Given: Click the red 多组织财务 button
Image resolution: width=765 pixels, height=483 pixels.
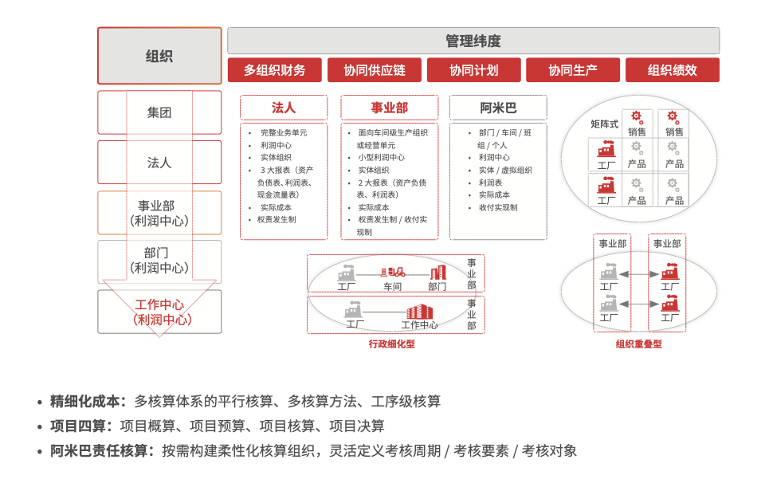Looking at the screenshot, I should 274,70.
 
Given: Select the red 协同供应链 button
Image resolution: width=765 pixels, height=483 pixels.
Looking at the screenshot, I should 374,70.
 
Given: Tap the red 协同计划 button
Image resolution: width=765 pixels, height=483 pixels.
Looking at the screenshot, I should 473,70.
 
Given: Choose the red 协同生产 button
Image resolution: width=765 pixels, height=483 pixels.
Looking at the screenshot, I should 572,70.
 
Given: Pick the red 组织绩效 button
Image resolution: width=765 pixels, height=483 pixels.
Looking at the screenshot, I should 672,70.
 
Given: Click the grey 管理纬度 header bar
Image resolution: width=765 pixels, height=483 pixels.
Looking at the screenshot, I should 473,41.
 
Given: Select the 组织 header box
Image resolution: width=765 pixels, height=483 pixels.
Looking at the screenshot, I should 159,56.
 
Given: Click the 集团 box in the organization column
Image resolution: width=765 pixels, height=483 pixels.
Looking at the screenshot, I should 159,112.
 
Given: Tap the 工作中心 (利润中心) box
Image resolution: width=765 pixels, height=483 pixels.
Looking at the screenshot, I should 159,312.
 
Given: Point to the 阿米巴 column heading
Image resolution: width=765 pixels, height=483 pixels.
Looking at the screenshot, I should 498,108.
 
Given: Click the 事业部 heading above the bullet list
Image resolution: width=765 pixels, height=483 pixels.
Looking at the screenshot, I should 390,108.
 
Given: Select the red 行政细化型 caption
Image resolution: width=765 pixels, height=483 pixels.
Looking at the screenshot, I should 391,344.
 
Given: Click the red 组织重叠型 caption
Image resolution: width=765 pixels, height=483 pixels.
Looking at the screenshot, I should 638,344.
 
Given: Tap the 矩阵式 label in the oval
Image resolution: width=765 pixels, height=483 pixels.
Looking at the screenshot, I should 604,124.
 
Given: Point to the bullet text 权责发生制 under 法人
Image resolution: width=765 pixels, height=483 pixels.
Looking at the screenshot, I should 277,219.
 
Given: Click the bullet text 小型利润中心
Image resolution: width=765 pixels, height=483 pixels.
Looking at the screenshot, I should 381,158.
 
